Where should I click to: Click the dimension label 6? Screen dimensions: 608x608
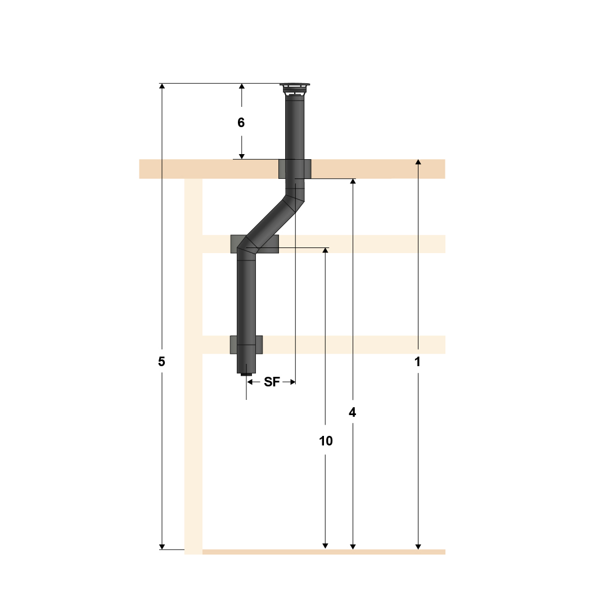point(241,123)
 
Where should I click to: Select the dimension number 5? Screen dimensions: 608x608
point(161,362)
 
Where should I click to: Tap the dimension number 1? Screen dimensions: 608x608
point(417,362)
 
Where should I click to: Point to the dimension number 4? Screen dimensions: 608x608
point(353,412)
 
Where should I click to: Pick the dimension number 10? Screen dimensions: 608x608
point(326,441)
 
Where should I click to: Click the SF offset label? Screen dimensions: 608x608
point(272,382)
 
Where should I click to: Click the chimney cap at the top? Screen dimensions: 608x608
point(295,88)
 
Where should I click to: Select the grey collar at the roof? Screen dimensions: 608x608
point(295,169)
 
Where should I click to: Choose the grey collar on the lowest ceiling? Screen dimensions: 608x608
point(246,344)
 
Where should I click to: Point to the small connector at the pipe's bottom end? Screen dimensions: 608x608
point(246,375)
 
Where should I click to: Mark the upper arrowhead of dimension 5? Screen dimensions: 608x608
point(162,87)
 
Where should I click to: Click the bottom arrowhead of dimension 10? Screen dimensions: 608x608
point(325,546)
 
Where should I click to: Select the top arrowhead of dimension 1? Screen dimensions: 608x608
point(418,163)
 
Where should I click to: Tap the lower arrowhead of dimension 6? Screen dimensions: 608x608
point(242,156)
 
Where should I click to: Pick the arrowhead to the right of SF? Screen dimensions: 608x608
point(292,382)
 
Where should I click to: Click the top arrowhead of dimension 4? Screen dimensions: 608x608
point(353,182)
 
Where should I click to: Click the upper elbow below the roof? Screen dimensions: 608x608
point(294,197)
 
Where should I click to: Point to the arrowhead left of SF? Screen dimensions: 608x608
point(250,382)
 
